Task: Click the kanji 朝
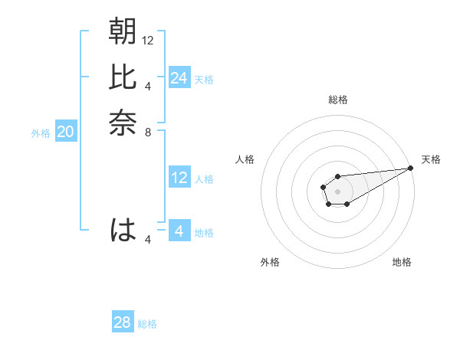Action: (x=123, y=32)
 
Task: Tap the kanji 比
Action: (x=123, y=77)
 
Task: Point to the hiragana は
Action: (x=123, y=230)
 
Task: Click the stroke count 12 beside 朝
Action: (x=148, y=40)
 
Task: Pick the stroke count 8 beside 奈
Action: (x=148, y=132)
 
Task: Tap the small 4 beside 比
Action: (x=148, y=86)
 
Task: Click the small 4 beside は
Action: (x=148, y=240)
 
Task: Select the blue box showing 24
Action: (x=179, y=78)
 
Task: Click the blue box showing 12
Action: (x=179, y=178)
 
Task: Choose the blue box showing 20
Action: (x=66, y=132)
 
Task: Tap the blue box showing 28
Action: (x=123, y=322)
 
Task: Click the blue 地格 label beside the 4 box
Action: (x=205, y=233)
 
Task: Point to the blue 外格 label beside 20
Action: (x=41, y=133)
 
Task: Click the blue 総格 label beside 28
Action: (x=147, y=324)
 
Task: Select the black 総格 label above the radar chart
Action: (x=337, y=100)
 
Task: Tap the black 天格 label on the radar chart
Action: (x=431, y=159)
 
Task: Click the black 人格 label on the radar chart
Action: (x=245, y=159)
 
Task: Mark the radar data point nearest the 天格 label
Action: (x=411, y=169)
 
